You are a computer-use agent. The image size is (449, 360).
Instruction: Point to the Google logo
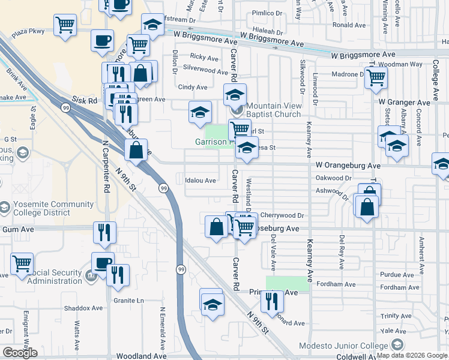pyautogui.click(x=20, y=352)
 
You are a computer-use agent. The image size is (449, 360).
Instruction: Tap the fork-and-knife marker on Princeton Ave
pyautogui.click(x=273, y=301)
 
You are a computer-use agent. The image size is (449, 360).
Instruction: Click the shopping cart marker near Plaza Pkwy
pyautogui.click(x=65, y=25)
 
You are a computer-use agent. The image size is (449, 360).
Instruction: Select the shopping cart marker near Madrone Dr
pyautogui.click(x=376, y=77)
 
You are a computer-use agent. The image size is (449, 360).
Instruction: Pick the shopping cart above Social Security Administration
pyautogui.click(x=22, y=263)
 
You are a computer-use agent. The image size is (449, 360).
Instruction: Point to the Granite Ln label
pyautogui.click(x=128, y=300)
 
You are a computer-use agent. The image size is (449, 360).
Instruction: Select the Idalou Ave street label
pyautogui.click(x=200, y=180)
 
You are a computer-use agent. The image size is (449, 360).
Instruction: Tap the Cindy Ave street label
pyautogui.click(x=192, y=87)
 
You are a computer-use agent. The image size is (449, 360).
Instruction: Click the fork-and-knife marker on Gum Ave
pyautogui.click(x=104, y=232)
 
